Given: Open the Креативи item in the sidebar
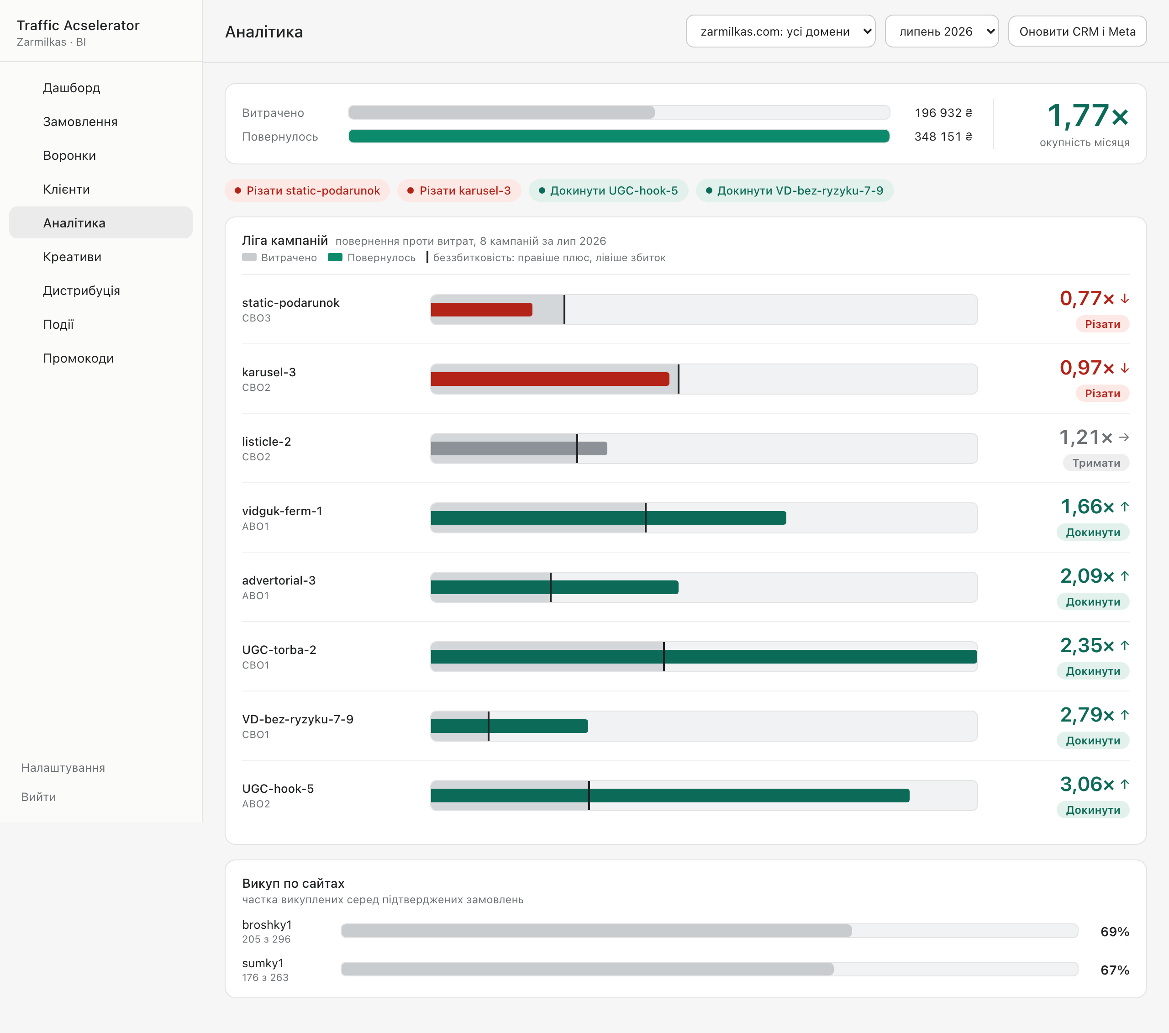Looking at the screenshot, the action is [72, 257].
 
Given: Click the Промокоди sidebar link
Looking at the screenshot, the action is [79, 358].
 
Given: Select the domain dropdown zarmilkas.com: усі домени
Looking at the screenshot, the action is [781, 32].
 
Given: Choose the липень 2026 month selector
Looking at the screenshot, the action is [942, 32].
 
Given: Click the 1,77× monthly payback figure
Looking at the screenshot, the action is [1087, 116].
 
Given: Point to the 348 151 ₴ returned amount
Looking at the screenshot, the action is [943, 137].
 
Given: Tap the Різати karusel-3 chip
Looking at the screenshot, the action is [459, 190].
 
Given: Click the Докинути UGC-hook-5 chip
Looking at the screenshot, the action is [609, 190].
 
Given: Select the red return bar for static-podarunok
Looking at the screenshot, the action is [482, 310].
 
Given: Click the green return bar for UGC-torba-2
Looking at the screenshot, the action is [704, 657].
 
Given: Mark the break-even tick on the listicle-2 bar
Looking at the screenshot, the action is [577, 448].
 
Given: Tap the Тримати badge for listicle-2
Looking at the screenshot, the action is [1096, 463].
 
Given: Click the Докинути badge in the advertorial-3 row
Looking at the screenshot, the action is [1093, 602].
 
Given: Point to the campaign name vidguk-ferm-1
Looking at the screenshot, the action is [282, 511].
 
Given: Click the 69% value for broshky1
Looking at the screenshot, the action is [1115, 932].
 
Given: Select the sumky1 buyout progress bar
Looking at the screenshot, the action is [709, 969].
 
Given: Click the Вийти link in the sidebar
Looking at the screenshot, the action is [38, 797].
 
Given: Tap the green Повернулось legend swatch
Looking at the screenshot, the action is [335, 258].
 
